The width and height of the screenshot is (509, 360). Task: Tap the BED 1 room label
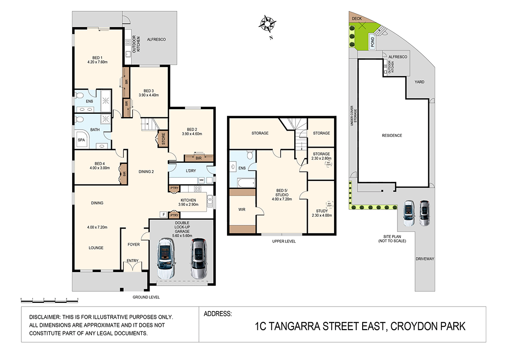coord(97,58)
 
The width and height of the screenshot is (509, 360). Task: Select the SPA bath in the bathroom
coord(82,140)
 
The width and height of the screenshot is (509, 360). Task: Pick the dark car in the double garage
coord(198,258)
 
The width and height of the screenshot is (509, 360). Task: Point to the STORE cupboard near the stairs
coord(162,139)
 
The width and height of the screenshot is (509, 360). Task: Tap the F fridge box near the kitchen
coord(162,214)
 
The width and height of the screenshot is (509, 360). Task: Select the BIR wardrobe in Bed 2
coord(199,158)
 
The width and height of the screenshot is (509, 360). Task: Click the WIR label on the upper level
coord(242,209)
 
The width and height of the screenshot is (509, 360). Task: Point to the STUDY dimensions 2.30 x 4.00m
coord(322,215)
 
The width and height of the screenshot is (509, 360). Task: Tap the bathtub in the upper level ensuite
coord(242,183)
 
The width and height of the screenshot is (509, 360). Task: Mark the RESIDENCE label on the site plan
coord(392,136)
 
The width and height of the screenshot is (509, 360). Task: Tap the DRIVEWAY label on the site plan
coord(425,259)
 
